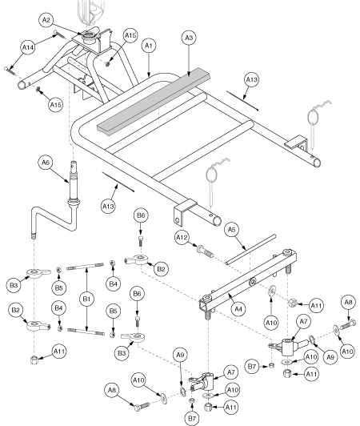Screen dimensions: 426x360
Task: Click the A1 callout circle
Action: click(149, 47)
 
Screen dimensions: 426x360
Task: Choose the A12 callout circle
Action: click(182, 238)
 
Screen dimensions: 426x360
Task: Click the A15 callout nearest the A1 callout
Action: click(130, 36)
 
